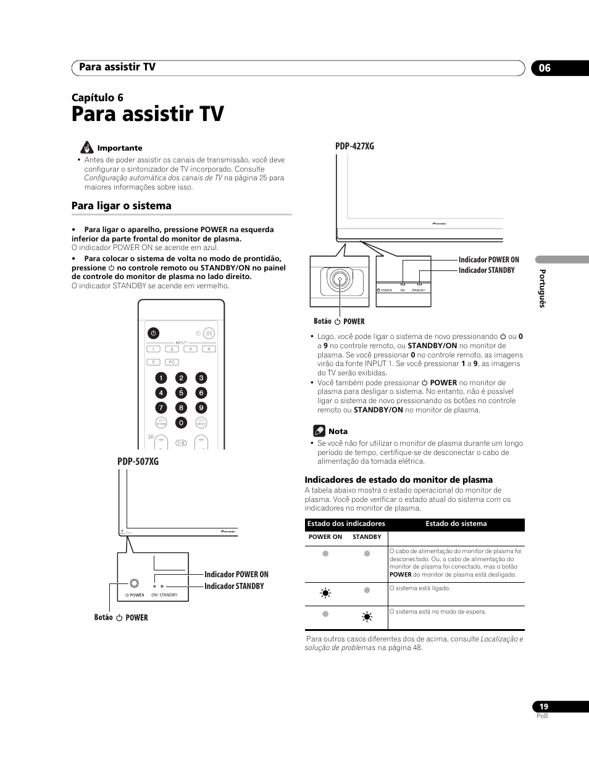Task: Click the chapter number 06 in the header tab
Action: [544, 68]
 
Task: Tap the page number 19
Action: [543, 706]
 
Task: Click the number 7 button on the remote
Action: [161, 407]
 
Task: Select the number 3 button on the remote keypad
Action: [201, 378]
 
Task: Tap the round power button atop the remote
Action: [154, 333]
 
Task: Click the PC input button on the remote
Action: [172, 362]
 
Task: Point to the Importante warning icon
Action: [86, 148]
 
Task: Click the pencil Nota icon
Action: [319, 431]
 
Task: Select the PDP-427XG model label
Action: [354, 146]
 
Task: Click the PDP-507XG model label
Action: [138, 461]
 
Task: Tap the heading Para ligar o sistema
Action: [122, 206]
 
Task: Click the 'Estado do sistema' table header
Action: [456, 524]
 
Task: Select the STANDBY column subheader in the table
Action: [367, 537]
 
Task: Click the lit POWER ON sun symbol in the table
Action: [325, 593]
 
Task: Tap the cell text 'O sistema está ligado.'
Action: [420, 588]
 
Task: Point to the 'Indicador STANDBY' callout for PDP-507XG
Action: [234, 586]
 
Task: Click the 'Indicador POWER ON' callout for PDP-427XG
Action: [488, 260]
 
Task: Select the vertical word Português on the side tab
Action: [543, 288]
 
